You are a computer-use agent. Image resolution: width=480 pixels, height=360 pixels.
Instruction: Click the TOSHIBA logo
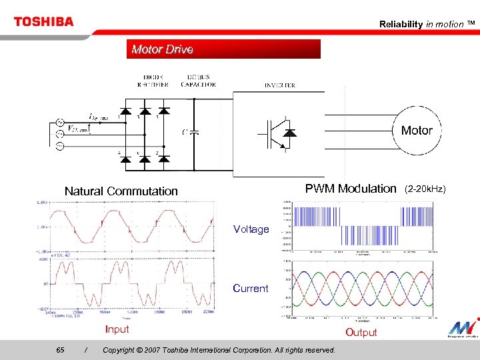pos(43,21)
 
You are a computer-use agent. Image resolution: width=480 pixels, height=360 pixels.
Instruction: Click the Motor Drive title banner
pos(223,49)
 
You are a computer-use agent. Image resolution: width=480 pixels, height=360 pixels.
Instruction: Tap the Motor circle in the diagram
pos(417,131)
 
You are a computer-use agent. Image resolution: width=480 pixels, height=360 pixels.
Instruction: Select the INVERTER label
pos(280,85)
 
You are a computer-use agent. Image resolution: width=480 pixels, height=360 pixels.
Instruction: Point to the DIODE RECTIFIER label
pos(153,81)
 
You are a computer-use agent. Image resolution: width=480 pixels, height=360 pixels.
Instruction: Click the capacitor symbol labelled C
pos(193,131)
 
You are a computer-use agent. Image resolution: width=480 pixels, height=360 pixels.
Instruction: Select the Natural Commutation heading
pos(121,191)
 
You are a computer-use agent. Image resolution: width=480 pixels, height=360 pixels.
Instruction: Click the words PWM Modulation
pos(350,189)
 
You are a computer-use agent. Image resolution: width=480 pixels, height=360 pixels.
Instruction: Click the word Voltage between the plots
pos(251,229)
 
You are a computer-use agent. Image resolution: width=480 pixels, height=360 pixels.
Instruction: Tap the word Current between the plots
pos(251,289)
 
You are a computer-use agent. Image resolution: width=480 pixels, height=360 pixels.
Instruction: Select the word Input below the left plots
pos(117,329)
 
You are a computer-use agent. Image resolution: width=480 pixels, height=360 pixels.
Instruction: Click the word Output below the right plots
pos(361,333)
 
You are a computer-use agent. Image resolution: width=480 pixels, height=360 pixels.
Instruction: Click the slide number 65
pos(61,350)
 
